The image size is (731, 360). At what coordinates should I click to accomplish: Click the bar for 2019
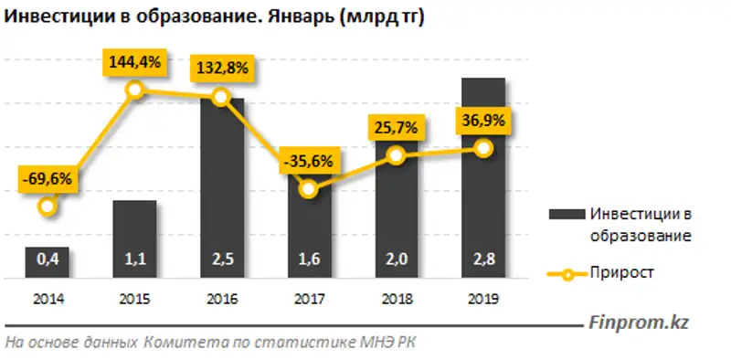(483, 178)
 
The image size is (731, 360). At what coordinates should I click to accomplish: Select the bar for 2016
(221, 187)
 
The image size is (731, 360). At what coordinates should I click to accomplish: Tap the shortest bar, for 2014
(47, 262)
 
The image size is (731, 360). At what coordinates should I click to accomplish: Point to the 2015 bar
(134, 238)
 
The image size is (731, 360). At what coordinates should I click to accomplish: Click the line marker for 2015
(134, 89)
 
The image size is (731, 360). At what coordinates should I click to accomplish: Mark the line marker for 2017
(309, 189)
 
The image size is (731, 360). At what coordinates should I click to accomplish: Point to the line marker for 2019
(483, 148)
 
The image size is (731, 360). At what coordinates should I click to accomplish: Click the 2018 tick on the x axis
(396, 298)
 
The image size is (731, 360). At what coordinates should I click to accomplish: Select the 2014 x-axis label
(47, 298)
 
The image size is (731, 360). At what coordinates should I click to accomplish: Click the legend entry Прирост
(622, 272)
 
